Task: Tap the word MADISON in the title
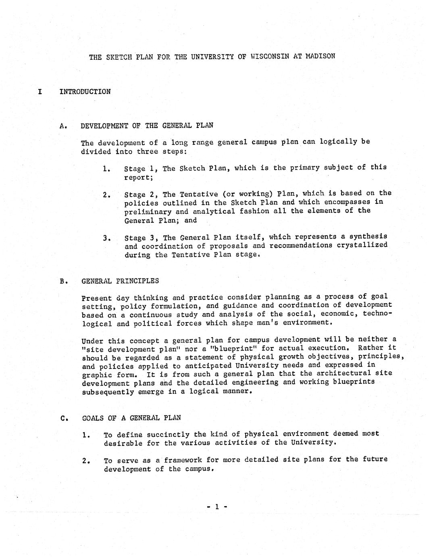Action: [x=320, y=56]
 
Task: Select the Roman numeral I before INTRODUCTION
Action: [x=40, y=92]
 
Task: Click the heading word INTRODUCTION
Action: [x=85, y=92]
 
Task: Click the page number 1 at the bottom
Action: [x=217, y=506]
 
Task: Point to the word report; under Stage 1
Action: [x=136, y=177]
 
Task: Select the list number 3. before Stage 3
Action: [x=106, y=238]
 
